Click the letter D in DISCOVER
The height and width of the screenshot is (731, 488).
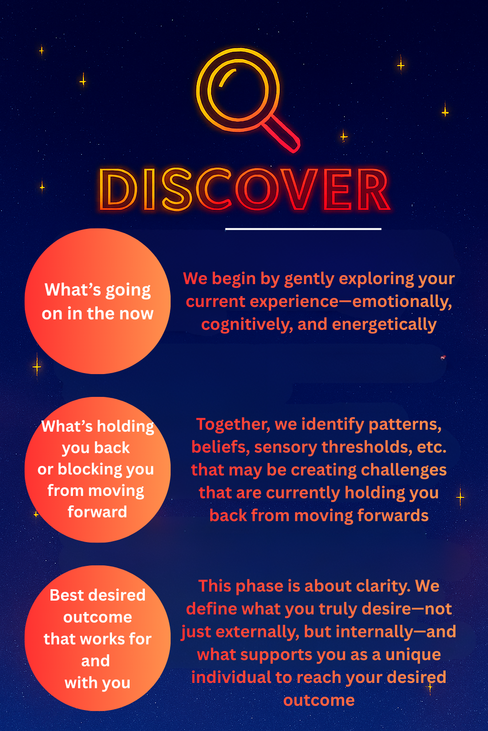118,189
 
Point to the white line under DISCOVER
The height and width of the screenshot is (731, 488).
303,229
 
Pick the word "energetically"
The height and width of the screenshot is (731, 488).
384,325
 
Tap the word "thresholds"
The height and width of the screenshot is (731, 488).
367,447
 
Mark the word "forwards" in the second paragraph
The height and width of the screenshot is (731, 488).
393,515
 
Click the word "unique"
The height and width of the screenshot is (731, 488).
413,655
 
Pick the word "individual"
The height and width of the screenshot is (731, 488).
231,677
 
